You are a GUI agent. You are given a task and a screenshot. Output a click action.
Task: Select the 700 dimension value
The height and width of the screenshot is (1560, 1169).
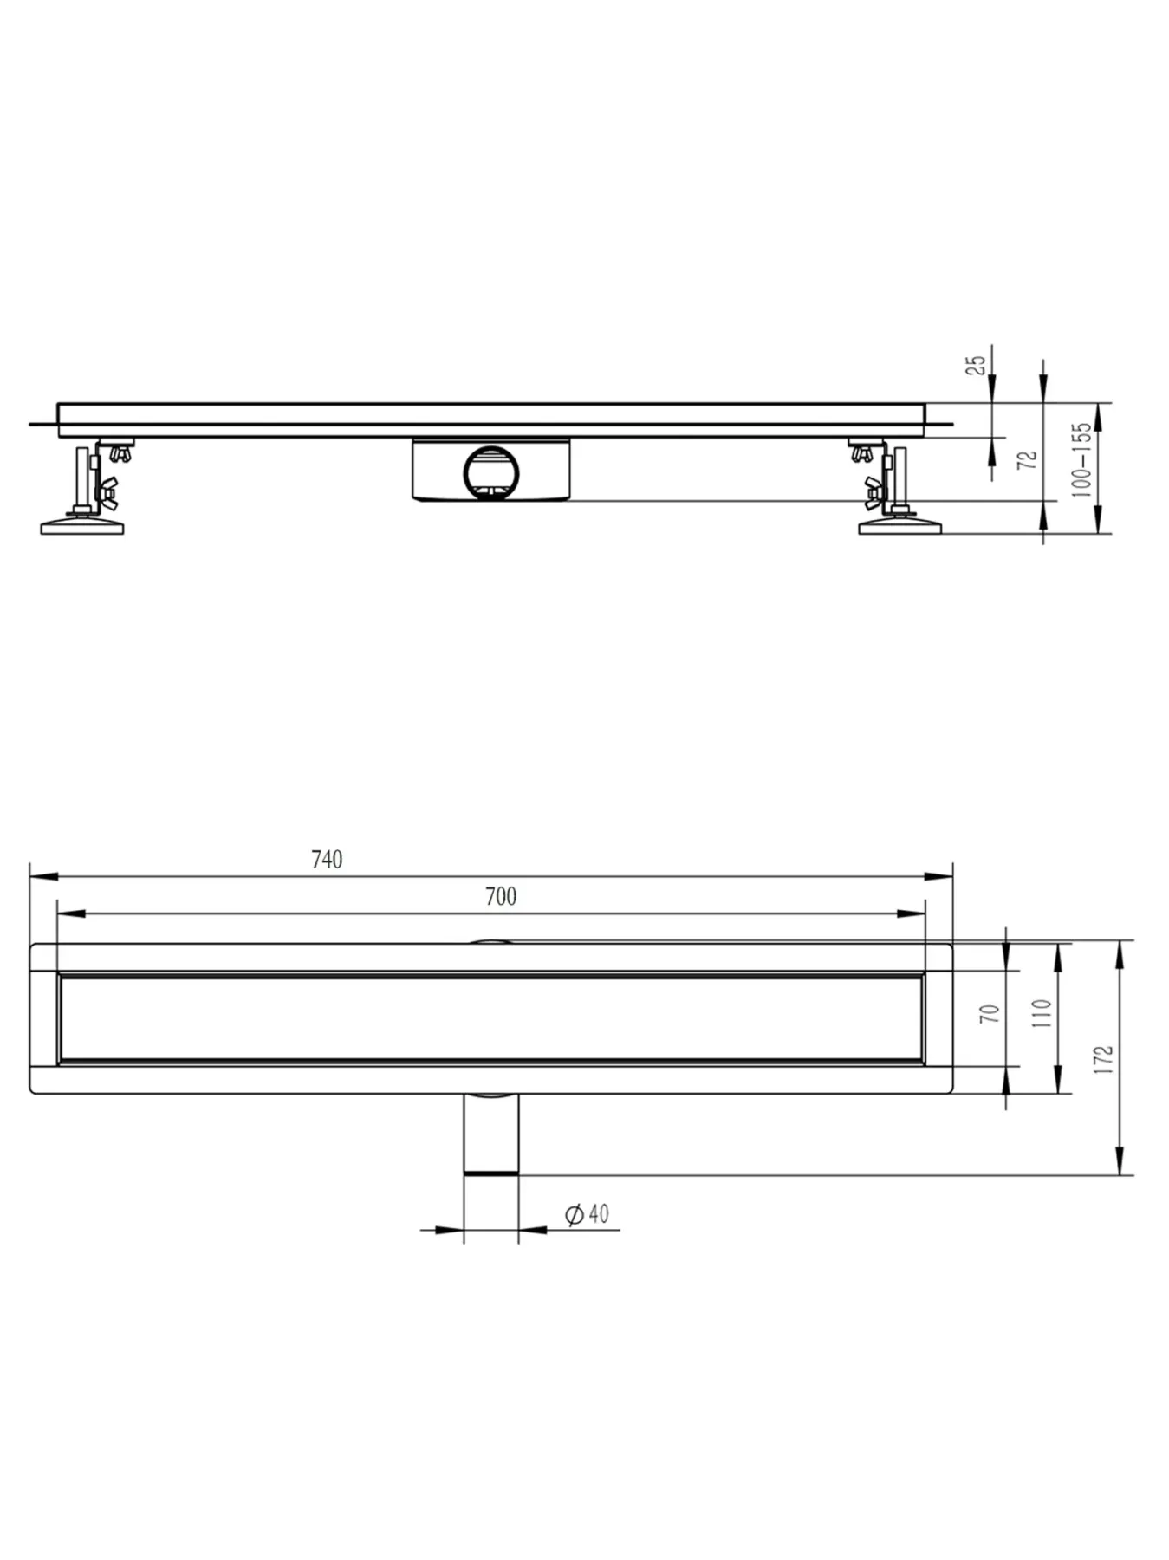pos(501,896)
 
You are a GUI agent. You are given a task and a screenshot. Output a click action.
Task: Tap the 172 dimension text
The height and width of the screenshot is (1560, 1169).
pos(1104,1060)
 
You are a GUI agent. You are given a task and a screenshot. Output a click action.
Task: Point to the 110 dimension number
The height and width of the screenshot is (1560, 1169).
pos(1042,1013)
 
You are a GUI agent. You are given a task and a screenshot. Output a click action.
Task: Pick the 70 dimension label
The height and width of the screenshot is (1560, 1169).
pos(990,1013)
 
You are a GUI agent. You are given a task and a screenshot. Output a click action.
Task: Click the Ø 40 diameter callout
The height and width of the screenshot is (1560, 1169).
pos(587,1214)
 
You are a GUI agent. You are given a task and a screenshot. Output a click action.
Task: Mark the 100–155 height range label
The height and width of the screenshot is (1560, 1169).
pos(1081,459)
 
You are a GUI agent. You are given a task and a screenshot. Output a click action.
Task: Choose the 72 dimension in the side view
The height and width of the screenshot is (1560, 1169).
pos(1029,460)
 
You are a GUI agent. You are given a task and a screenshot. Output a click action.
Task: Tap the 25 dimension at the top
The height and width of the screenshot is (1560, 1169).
pos(977,363)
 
